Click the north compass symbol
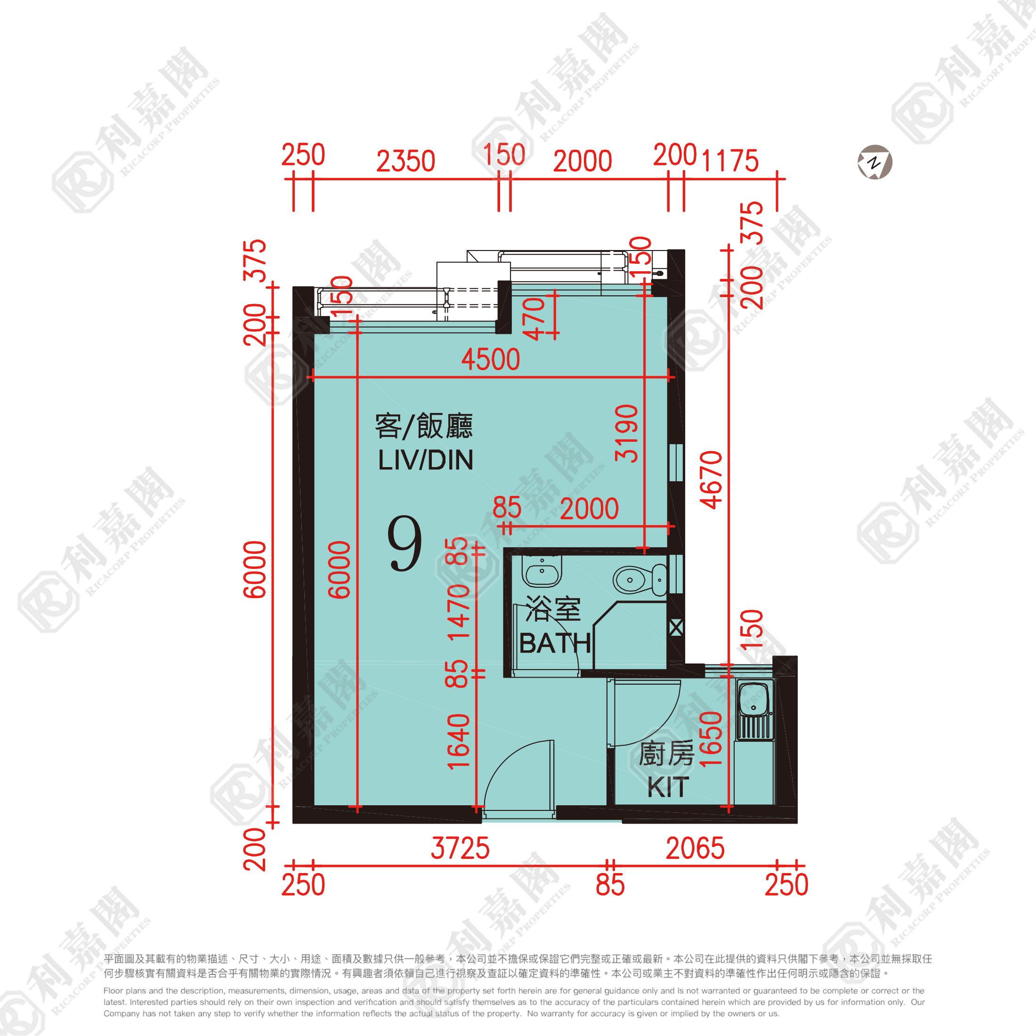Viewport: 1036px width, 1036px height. coord(874,162)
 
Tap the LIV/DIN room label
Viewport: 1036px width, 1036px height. coord(426,460)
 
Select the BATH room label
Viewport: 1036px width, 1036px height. coord(555,643)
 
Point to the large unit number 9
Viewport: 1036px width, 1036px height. coord(405,544)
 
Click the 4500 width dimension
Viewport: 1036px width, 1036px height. coord(491,359)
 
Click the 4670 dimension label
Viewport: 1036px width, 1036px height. coord(711,480)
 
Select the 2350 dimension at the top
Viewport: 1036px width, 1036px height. coord(405,161)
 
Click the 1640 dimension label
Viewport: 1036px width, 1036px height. coord(459,742)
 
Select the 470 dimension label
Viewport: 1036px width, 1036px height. coord(534,319)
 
